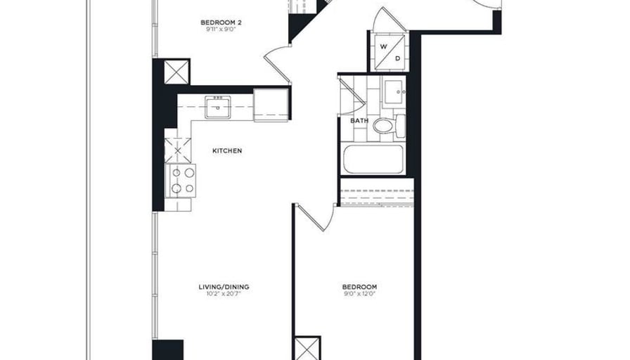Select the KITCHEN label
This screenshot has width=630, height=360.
227,150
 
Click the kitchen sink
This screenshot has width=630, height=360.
218,108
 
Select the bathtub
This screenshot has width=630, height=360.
373,159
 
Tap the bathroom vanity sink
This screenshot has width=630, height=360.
394,92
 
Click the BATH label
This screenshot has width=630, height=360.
359,120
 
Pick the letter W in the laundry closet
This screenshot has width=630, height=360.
384,46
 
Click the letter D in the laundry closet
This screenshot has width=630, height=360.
398,58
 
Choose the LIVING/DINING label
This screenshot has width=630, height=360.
224,287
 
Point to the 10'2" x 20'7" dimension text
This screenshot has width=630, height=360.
224,294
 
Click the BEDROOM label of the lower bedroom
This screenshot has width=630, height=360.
359,287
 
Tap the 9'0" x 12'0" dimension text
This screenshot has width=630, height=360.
359,294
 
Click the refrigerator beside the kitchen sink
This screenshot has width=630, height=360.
271,105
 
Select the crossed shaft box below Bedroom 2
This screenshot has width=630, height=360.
176,72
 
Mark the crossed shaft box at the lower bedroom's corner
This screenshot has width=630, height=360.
307,349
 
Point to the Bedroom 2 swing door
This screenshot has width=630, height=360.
277,63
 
